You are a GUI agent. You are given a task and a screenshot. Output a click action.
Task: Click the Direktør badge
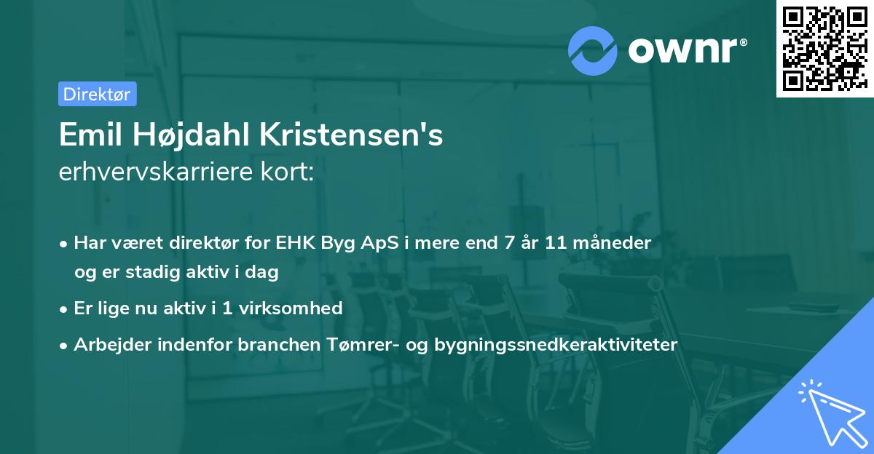97,94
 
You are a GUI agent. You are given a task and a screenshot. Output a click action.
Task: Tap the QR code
824,48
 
